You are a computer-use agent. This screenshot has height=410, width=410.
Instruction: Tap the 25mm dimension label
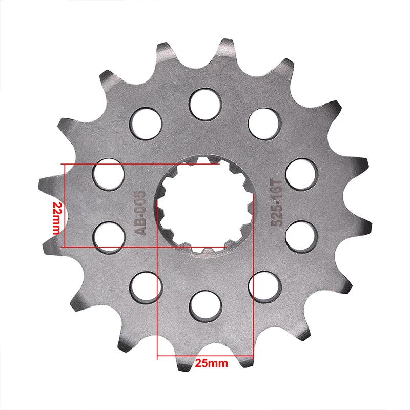coord(211,364)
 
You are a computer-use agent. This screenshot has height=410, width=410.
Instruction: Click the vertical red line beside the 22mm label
coord(64,205)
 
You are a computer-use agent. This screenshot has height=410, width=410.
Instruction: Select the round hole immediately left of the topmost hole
coord(146,124)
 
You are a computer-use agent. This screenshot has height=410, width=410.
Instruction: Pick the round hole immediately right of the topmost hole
coord(264,124)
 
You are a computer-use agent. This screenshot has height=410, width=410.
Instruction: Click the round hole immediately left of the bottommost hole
coord(146,286)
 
